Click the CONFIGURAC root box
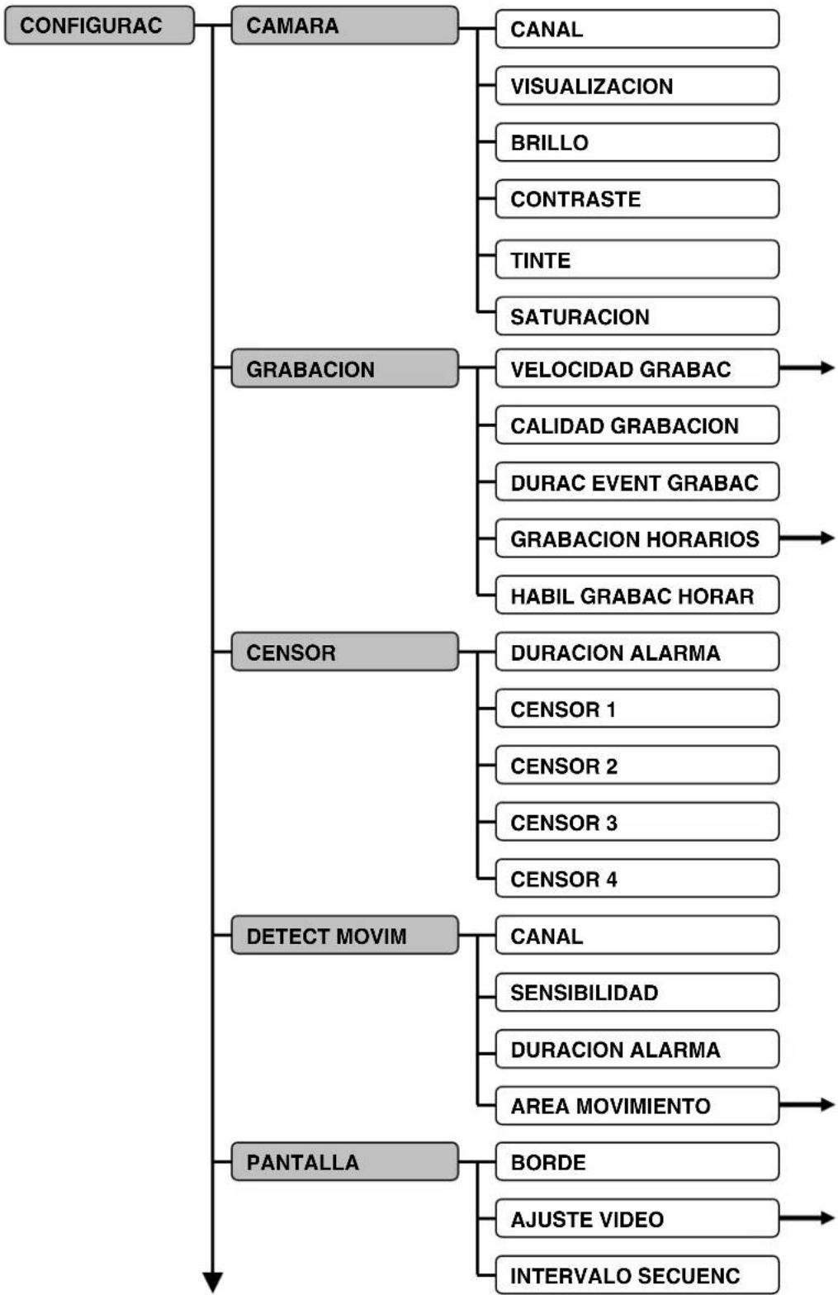(99, 26)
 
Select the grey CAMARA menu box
(344, 26)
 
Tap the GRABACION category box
(344, 368)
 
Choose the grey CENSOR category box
(344, 652)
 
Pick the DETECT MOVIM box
(344, 935)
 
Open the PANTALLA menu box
(344, 1161)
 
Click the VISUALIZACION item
(637, 86)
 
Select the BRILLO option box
(637, 142)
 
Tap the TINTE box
(637, 259)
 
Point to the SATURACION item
(637, 316)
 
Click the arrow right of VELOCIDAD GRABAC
(809, 368)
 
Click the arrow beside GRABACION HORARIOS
(809, 538)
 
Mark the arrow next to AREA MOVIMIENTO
(809, 1105)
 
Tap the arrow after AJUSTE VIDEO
(809, 1218)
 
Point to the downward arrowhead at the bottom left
(213, 1282)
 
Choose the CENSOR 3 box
(637, 822)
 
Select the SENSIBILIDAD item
(637, 992)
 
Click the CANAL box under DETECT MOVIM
(637, 935)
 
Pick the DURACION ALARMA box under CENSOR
(637, 652)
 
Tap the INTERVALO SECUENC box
(637, 1274)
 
